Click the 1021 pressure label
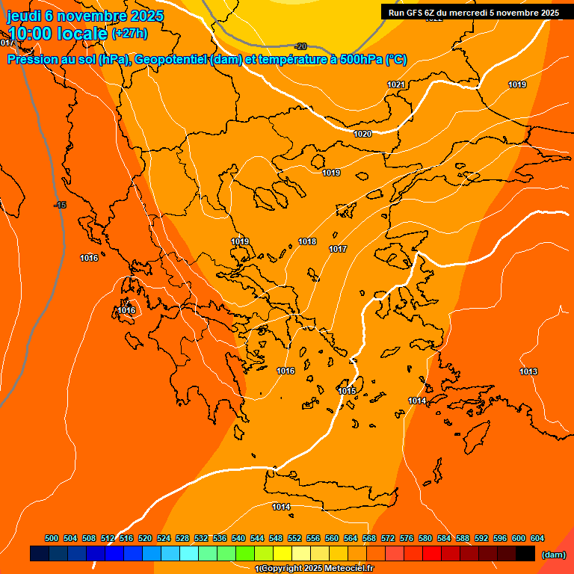[396, 84]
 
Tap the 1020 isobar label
[362, 134]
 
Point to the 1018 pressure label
[307, 241]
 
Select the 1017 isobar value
[338, 249]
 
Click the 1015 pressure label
[347, 391]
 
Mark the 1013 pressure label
[528, 371]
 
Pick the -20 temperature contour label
[300, 46]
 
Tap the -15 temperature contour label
[61, 205]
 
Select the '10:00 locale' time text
[57, 34]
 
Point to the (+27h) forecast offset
[130, 34]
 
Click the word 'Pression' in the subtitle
[31, 60]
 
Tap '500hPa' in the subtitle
[362, 60]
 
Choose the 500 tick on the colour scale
[52, 538]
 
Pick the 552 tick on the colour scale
[294, 538]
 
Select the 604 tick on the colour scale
[537, 538]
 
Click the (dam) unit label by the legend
[554, 555]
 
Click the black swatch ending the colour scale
[525, 554]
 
